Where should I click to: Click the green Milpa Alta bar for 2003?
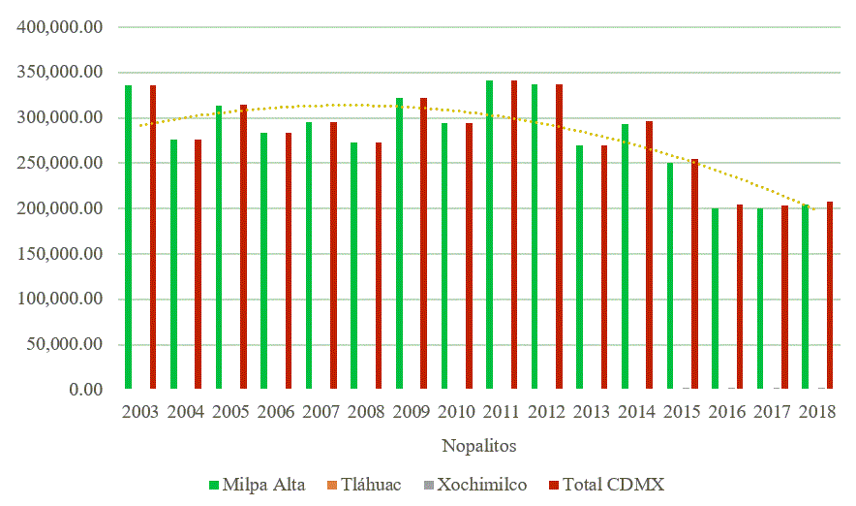[128, 237]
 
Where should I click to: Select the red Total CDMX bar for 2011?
[513, 235]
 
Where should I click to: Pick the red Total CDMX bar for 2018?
[830, 296]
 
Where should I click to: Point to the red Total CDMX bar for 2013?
[603, 268]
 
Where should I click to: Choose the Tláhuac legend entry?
[364, 484]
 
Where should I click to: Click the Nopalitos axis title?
[478, 447]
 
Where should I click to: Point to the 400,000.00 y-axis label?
[60, 27]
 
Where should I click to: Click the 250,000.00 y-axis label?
[60, 163]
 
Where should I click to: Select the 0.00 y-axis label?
[81, 390]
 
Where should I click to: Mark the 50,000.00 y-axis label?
[64, 344]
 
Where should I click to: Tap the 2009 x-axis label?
[411, 413]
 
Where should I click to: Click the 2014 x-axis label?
[636, 413]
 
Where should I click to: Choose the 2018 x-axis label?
[816, 413]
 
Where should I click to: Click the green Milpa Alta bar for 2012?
[534, 237]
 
